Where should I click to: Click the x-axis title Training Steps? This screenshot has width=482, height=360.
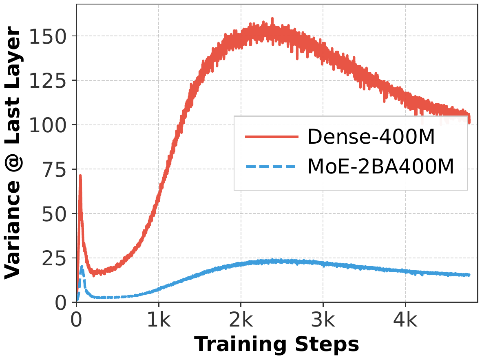point(276,344)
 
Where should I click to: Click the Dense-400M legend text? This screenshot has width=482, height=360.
point(371,138)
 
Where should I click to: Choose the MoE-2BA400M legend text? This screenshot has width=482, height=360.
point(380,167)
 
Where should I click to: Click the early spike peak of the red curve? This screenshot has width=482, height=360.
point(80,176)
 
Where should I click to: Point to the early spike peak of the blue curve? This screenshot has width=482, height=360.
point(82,267)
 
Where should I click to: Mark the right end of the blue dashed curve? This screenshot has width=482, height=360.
point(469,275)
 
